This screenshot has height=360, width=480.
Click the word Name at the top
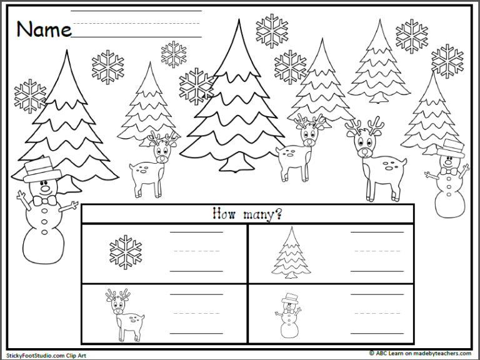pyautogui.click(x=44, y=29)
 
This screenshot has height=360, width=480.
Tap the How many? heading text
pyautogui.click(x=247, y=214)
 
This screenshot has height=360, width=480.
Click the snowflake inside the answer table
pyautogui.click(x=126, y=252)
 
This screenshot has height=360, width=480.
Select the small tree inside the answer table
pyautogui.click(x=291, y=252)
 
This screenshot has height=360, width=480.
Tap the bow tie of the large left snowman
pyautogui.click(x=44, y=201)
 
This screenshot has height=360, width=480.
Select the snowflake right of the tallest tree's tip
pyautogui.click(x=272, y=30)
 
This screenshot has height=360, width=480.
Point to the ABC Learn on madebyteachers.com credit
pyautogui.click(x=422, y=353)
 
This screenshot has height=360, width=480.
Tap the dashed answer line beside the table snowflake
pyautogui.click(x=196, y=252)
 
